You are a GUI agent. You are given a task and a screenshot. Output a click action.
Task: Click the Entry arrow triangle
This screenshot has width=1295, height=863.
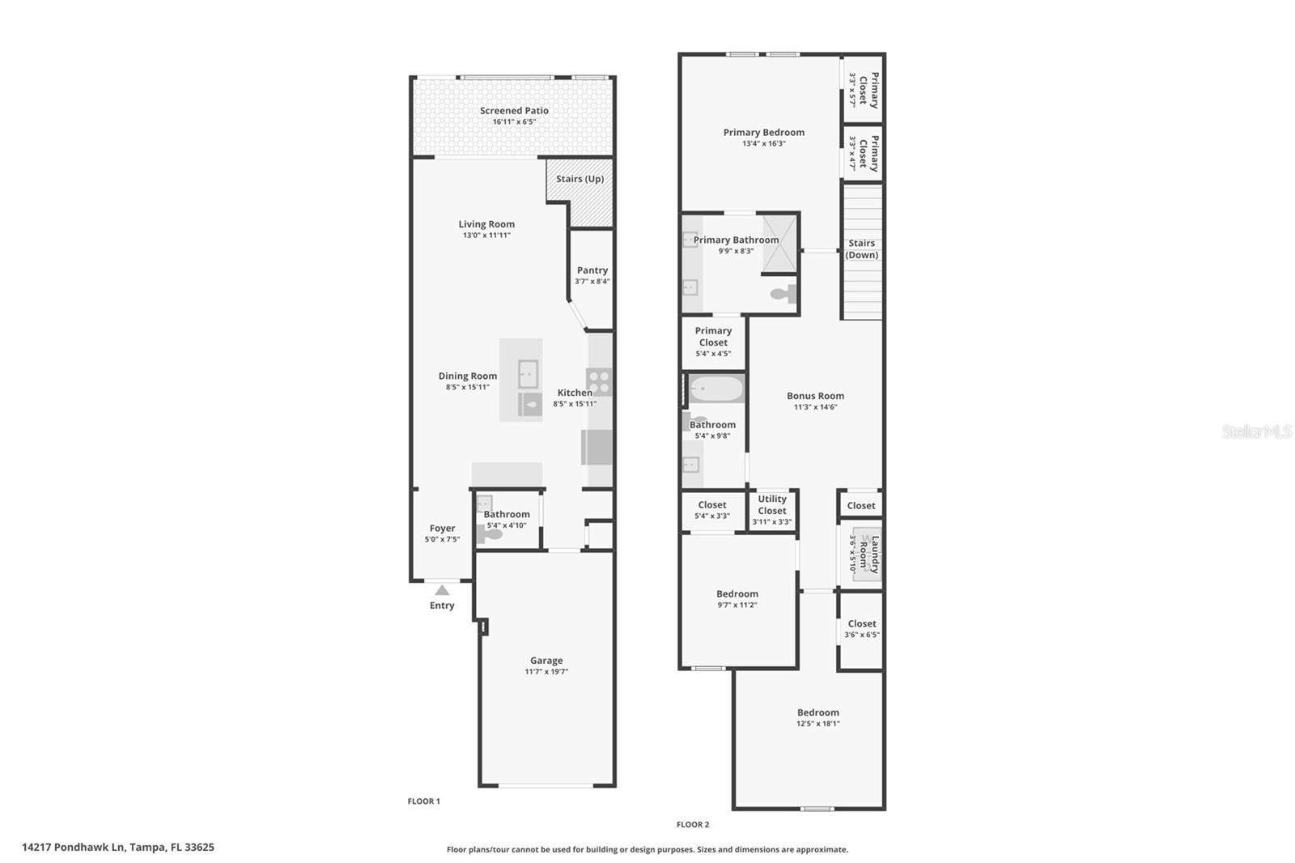click(x=442, y=590)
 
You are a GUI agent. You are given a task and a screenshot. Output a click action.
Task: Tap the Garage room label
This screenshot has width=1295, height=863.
click(x=546, y=661)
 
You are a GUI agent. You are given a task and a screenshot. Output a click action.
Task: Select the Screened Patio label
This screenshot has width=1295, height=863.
click(x=514, y=111)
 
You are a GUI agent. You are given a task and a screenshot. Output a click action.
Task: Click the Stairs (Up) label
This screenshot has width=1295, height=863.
click(x=580, y=179)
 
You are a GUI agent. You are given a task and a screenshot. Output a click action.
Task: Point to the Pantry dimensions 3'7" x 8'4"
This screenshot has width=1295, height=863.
click(x=592, y=282)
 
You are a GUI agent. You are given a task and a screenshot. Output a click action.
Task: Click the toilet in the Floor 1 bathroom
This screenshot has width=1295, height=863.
click(x=490, y=534)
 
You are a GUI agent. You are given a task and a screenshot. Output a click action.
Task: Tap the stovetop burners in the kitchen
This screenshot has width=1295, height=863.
click(x=599, y=382)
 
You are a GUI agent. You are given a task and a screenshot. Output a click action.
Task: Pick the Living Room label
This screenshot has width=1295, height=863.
click(x=486, y=224)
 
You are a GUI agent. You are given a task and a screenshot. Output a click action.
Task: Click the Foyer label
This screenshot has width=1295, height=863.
click(x=442, y=528)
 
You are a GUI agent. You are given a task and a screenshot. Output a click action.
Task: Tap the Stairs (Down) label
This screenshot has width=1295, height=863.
click(x=861, y=249)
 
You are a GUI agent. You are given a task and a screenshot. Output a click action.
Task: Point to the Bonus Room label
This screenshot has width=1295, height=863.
click(x=815, y=396)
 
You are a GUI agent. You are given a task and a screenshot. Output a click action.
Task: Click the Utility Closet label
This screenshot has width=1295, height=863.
click(x=772, y=504)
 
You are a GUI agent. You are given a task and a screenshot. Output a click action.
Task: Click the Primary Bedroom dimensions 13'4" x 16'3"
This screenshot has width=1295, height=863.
click(x=764, y=144)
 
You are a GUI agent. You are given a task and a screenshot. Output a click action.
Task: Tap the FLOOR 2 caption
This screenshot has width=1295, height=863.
click(x=693, y=825)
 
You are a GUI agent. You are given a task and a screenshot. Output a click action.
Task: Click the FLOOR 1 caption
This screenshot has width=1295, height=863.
click(x=423, y=801)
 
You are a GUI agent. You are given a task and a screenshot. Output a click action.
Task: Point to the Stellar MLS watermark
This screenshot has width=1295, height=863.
click(x=1256, y=432)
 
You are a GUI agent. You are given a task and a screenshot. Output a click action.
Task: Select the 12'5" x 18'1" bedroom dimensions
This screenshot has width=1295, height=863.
click(x=817, y=724)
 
